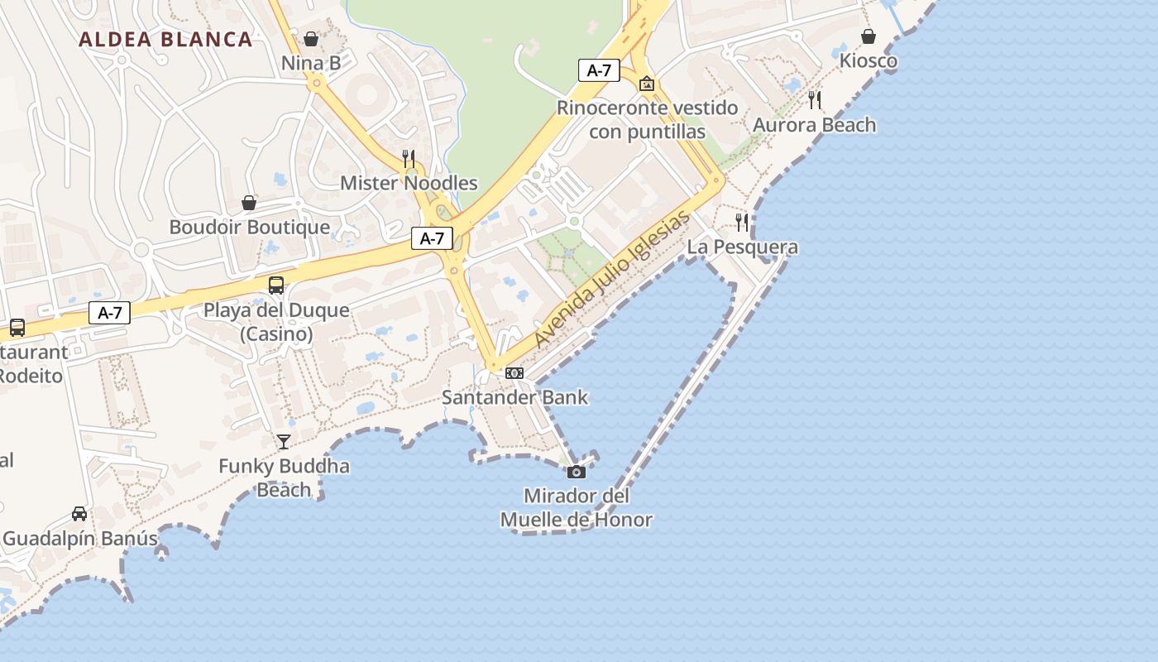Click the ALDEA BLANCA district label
click(165, 39)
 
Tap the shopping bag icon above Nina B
click(311, 39)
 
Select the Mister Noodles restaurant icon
click(409, 158)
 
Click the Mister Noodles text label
click(409, 183)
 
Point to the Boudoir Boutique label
click(249, 227)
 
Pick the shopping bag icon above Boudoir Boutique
click(249, 203)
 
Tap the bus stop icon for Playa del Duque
click(276, 285)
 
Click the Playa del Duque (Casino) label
click(276, 322)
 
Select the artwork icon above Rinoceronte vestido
click(647, 84)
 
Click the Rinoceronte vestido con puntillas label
click(647, 119)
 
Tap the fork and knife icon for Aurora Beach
click(815, 100)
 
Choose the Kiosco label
click(868, 60)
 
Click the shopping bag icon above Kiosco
click(868, 36)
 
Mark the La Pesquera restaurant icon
click(742, 222)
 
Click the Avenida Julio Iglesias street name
click(611, 279)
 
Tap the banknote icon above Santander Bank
click(514, 373)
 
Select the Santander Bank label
click(514, 397)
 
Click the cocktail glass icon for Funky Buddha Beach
click(284, 442)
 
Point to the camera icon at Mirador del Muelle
click(577, 472)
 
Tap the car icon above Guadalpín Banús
click(79, 514)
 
